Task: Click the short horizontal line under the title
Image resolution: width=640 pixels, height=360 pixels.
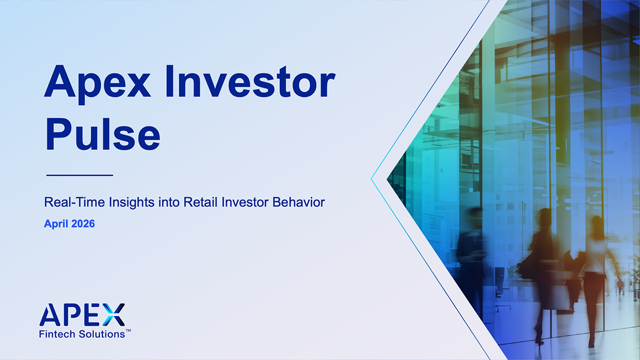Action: (x=79, y=174)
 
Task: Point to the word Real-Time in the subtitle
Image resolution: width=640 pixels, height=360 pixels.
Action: (x=68, y=203)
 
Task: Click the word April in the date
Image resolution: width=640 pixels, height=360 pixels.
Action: (x=56, y=224)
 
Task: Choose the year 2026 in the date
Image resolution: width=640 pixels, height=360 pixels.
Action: (x=83, y=224)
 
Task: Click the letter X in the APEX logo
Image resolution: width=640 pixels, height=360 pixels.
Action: (x=113, y=315)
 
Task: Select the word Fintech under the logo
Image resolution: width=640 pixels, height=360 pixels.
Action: (x=55, y=334)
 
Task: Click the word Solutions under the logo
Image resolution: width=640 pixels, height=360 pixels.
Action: (x=100, y=334)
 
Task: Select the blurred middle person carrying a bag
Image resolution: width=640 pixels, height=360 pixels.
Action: (x=544, y=267)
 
